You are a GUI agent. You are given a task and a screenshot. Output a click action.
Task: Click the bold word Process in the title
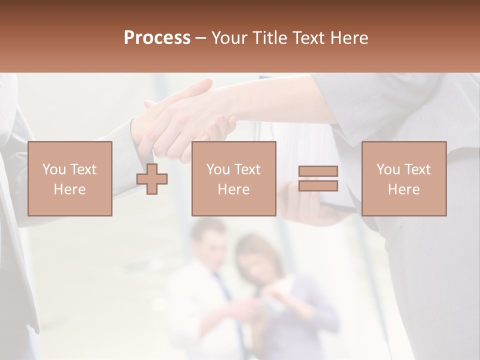[x=157, y=38]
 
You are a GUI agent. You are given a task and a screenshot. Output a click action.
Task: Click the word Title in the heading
[x=270, y=38]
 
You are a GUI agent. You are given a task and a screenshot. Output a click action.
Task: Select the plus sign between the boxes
[x=152, y=179]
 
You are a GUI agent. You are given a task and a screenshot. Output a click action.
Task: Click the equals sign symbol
[x=318, y=179]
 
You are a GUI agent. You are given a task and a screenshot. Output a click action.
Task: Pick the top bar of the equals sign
[x=318, y=171]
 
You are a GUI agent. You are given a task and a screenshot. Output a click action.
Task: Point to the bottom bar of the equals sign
[x=318, y=186]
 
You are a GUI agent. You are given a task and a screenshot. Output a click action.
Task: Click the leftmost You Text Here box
[x=70, y=179]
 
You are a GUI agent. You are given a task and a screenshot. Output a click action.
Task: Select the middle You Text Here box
[x=234, y=179]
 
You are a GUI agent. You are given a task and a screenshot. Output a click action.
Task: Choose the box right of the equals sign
[x=404, y=179]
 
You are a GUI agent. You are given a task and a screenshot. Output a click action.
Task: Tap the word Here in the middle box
[x=234, y=189]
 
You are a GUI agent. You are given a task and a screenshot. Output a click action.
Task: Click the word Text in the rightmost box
[x=416, y=169]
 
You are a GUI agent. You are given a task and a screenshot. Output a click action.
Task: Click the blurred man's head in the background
[x=208, y=240]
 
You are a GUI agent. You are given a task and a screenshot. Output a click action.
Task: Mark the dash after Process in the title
[x=201, y=38]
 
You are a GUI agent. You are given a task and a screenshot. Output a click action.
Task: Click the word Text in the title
[x=307, y=38]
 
